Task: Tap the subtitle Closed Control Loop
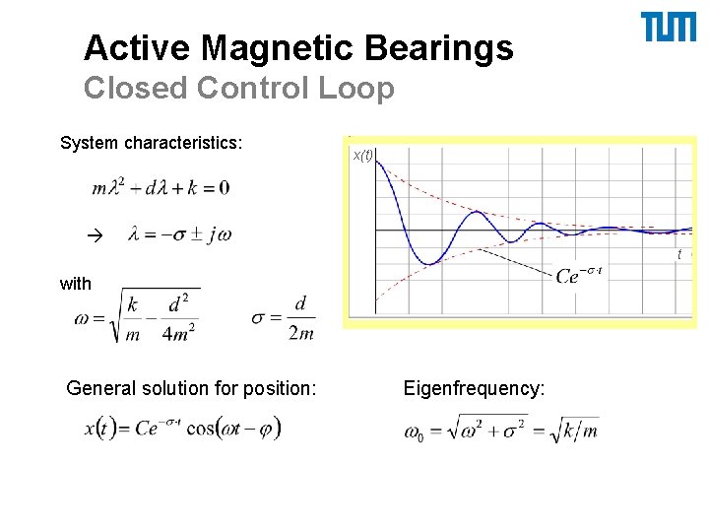239,88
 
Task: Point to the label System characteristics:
152,144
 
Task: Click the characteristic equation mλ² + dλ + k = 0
161,187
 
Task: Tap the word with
76,284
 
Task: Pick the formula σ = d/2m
284,317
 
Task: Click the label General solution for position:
191,389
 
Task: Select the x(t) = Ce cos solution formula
183,429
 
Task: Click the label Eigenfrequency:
474,389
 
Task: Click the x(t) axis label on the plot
362,156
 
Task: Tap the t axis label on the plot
678,255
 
